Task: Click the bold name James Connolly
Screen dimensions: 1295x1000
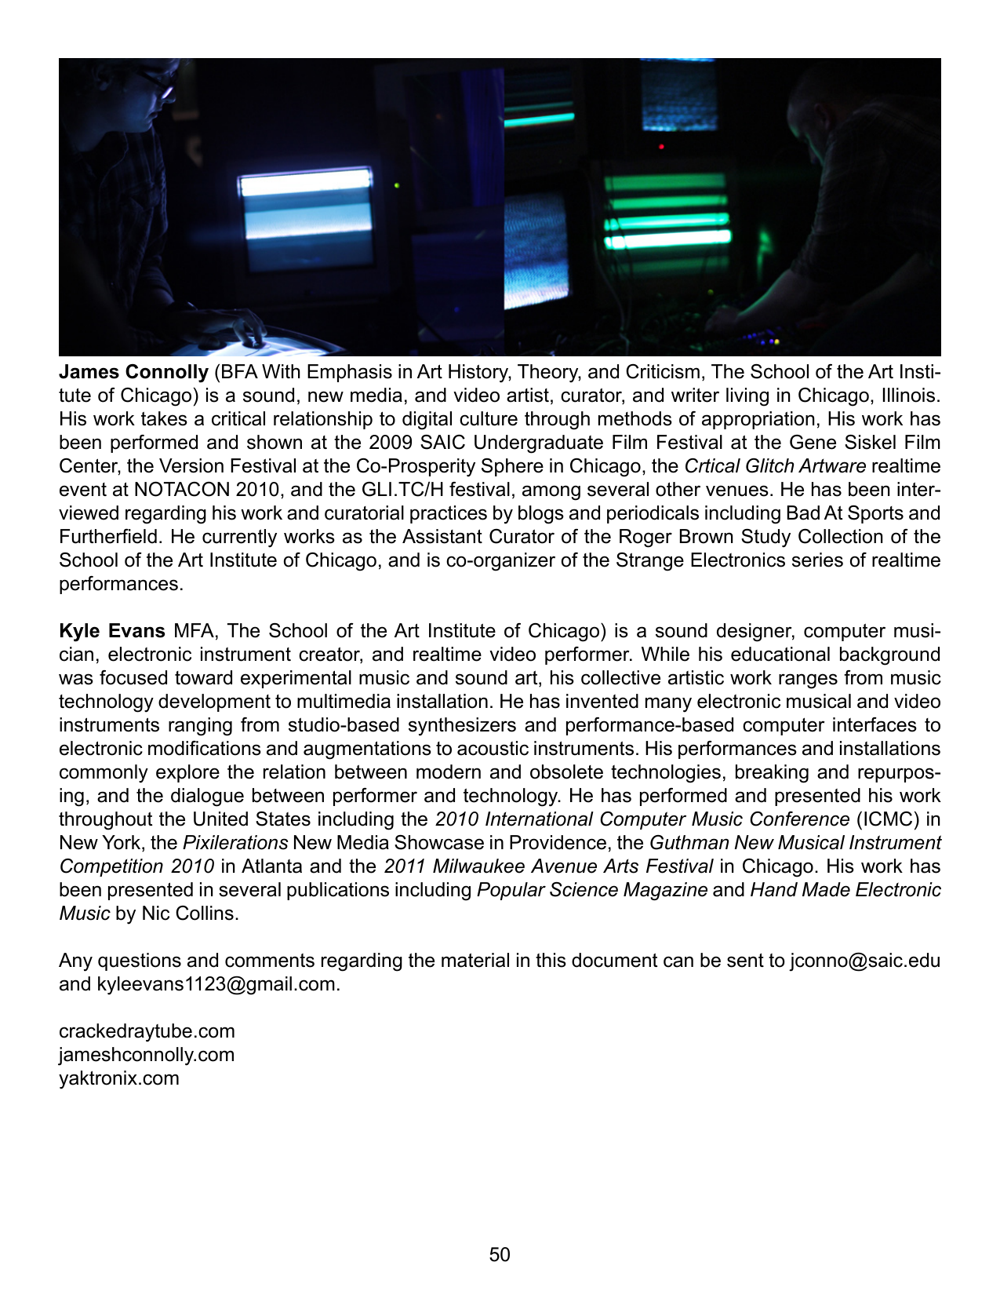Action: (133, 372)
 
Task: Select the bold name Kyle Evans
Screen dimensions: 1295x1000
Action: (111, 631)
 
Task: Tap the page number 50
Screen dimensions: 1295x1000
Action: (500, 1255)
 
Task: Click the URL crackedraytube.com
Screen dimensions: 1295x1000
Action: (147, 1031)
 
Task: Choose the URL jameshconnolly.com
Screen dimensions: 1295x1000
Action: (147, 1055)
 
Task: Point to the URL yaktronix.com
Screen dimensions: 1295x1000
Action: (119, 1078)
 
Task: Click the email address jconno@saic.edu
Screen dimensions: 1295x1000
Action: (865, 961)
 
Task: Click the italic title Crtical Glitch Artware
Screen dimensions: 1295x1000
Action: (775, 466)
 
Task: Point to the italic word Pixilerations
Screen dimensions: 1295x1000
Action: (235, 843)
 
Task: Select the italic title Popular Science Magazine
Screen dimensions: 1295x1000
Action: (592, 890)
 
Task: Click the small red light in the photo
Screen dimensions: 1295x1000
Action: (661, 147)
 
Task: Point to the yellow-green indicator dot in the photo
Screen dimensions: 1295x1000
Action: (397, 186)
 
